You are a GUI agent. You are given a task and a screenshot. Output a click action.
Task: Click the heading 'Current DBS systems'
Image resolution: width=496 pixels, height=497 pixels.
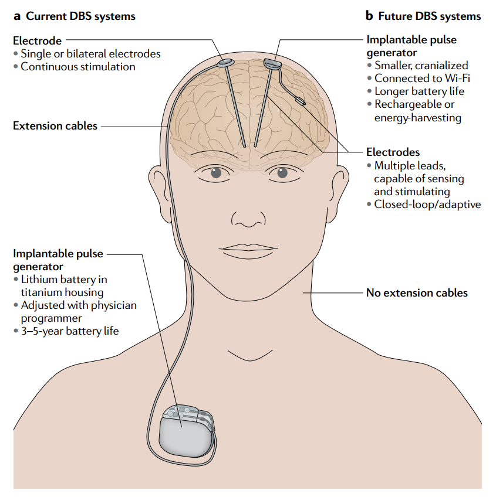click(x=80, y=16)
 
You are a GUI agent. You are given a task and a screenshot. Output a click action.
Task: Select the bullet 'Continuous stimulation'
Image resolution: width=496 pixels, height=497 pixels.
click(x=77, y=67)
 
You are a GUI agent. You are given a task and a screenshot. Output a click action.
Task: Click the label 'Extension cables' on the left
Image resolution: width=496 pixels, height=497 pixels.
click(x=55, y=125)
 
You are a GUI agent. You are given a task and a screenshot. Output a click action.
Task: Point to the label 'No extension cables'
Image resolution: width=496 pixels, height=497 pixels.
click(x=417, y=292)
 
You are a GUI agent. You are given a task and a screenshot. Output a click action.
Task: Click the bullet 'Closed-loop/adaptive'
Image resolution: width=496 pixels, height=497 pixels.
click(x=427, y=205)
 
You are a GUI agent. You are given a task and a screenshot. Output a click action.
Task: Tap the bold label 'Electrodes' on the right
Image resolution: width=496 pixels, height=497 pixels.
click(x=393, y=152)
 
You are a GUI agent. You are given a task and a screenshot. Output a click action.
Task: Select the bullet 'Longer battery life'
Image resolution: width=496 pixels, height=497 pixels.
click(x=419, y=91)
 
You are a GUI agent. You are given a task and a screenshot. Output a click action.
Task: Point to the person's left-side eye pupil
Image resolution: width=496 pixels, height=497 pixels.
click(x=217, y=173)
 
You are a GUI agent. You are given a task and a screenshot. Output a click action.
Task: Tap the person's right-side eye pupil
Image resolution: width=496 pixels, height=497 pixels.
click(x=282, y=173)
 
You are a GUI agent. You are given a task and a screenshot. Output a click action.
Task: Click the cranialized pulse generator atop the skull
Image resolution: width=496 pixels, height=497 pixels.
click(x=272, y=62)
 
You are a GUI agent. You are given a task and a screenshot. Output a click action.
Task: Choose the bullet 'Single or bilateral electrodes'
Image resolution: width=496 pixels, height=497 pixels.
click(x=90, y=53)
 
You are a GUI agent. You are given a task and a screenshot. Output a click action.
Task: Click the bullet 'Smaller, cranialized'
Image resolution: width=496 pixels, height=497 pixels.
click(x=421, y=65)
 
